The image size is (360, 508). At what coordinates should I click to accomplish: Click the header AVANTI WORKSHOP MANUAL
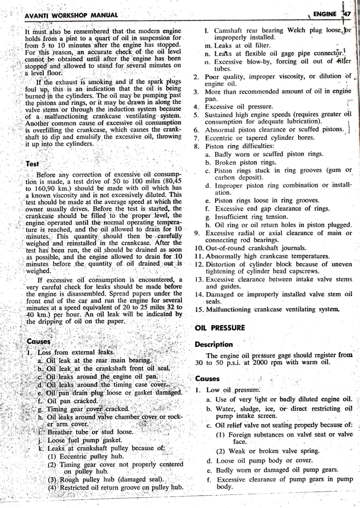pos(71,15)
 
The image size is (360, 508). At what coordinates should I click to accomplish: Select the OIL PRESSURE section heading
pos(220,328)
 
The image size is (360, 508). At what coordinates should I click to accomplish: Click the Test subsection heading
pos(32,164)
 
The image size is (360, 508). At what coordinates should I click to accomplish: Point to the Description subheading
pos(214,345)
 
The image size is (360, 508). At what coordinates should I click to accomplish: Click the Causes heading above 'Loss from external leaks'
pos(39,341)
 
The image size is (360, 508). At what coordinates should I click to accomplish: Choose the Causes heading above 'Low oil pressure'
pos(207,379)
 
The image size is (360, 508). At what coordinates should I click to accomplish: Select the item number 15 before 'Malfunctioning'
pos(199,310)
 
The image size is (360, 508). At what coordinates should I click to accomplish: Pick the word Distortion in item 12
pos(222,264)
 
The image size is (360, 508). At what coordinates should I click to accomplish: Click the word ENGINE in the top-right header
pos(325,14)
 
